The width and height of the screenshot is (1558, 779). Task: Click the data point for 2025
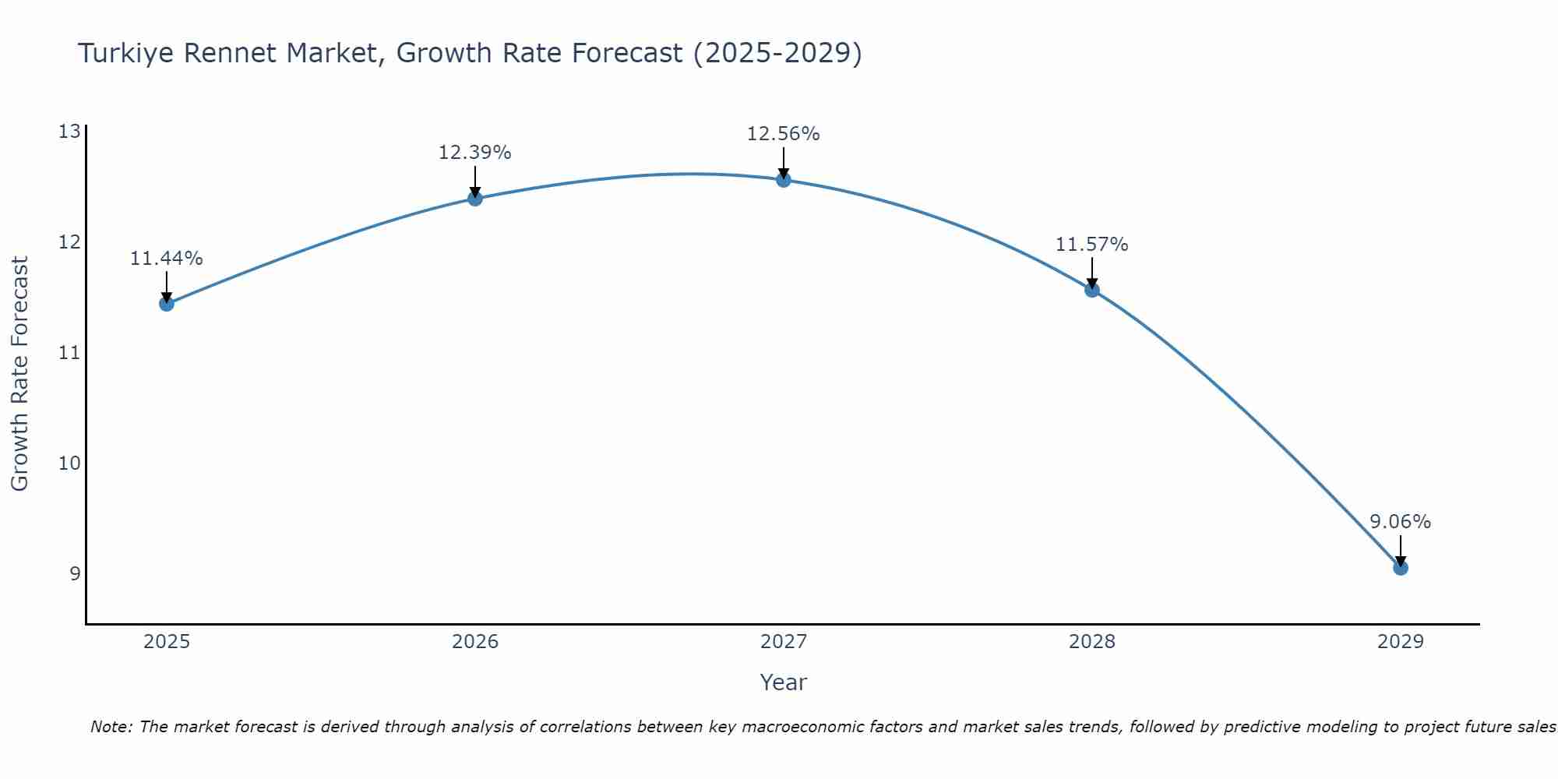[x=166, y=303]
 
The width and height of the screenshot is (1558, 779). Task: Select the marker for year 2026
[x=474, y=198]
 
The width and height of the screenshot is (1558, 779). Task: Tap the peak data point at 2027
[x=783, y=180]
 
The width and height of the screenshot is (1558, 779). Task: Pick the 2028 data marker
[x=1091, y=290]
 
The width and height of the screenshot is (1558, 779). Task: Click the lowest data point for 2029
[x=1400, y=568]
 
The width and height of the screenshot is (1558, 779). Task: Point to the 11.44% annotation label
[x=166, y=259]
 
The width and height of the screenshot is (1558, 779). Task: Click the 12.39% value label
[x=474, y=153]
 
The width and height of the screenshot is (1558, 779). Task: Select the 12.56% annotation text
[x=783, y=134]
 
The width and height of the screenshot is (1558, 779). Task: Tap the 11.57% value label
[x=1091, y=245]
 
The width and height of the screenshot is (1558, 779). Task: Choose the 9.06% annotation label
[x=1400, y=522]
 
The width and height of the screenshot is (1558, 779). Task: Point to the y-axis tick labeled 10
[x=69, y=464]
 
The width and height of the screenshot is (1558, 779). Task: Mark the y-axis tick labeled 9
[x=75, y=574]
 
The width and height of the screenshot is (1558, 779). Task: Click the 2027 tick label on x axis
[x=783, y=642]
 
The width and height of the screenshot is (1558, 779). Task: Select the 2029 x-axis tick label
[x=1400, y=642]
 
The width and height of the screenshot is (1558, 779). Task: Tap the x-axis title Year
[x=783, y=682]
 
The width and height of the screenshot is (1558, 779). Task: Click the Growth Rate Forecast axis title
[x=19, y=374]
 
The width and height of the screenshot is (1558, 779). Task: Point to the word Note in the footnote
[x=111, y=727]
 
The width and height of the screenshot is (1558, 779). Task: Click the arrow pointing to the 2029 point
[x=1400, y=550]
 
